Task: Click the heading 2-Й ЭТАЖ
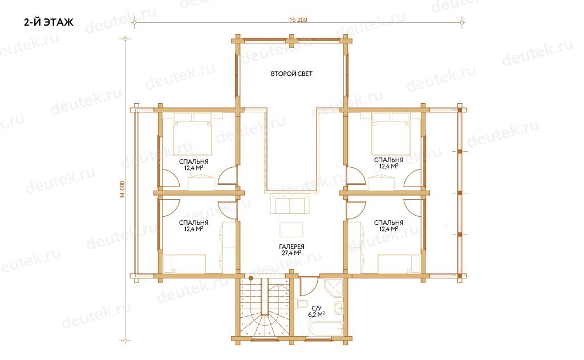tap(49, 23)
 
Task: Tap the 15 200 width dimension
tap(298, 20)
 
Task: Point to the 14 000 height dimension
tap(123, 189)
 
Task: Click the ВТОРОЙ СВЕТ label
tap(291, 74)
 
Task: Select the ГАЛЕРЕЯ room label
tap(291, 246)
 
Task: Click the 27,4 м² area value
tap(291, 253)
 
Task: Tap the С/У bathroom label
tap(316, 309)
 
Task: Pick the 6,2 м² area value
tap(316, 314)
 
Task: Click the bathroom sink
tap(339, 308)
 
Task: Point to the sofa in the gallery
tap(289, 204)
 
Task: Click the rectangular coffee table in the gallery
tap(291, 229)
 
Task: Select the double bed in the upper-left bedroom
tap(193, 134)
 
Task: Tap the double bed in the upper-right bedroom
tap(391, 134)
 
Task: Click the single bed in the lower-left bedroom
tap(185, 264)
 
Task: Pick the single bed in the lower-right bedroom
tap(399, 264)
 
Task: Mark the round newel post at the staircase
tap(251, 278)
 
